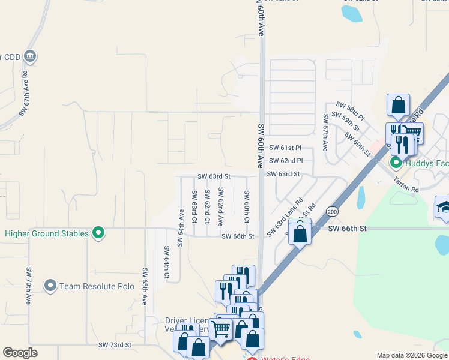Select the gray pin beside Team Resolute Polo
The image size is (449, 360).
click(50, 286)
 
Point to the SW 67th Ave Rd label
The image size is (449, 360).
click(25, 94)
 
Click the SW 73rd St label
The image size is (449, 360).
click(114, 345)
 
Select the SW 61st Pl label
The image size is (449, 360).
click(285, 148)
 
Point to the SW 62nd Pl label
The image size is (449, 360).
click(290, 161)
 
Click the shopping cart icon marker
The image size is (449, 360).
click(221, 329)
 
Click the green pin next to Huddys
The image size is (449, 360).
click(396, 163)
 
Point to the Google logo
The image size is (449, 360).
click(20, 353)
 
